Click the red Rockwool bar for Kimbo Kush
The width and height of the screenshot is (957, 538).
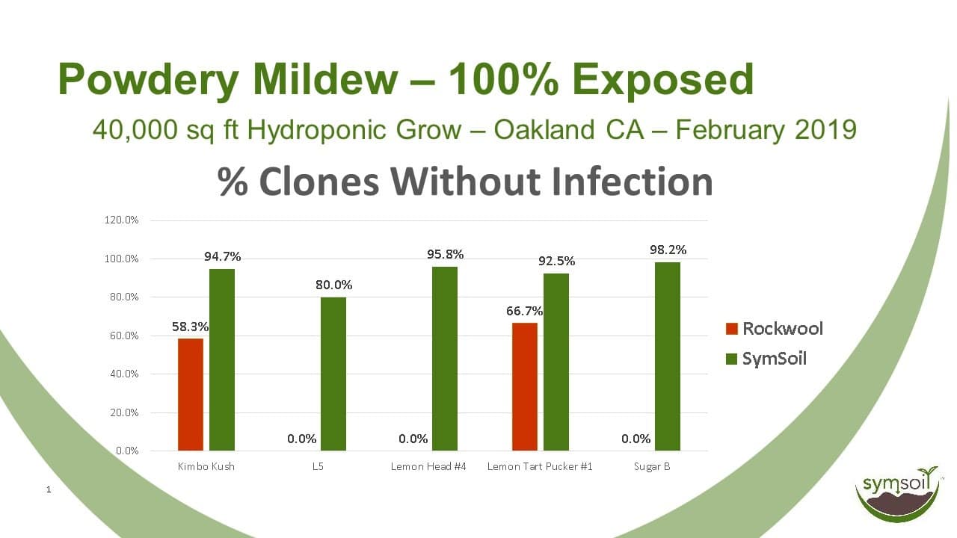coord(191,395)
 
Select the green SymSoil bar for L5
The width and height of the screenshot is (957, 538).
coord(333,374)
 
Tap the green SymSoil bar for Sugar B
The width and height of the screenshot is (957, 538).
coord(668,356)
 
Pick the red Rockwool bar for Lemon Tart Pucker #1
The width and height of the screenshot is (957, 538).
coord(525,387)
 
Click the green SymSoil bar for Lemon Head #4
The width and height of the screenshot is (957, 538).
coord(445,359)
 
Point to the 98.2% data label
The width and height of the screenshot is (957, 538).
coord(668,250)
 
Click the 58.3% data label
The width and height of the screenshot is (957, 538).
coord(190,327)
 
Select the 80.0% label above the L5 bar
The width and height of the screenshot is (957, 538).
coord(334,285)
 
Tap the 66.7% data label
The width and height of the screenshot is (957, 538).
coord(525,311)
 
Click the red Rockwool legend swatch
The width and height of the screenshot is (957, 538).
coord(732,329)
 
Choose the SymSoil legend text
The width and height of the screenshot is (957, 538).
coord(774,359)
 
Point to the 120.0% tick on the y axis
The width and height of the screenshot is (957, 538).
coord(121,220)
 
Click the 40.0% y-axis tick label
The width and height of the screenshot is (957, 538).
coord(124,374)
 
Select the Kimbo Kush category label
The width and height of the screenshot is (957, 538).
coord(206,466)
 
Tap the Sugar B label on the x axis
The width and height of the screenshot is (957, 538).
coord(652,467)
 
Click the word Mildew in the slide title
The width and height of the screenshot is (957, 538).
coord(325,79)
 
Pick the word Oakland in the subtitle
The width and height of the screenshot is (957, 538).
coord(544,129)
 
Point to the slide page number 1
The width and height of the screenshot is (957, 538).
coord(49,489)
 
